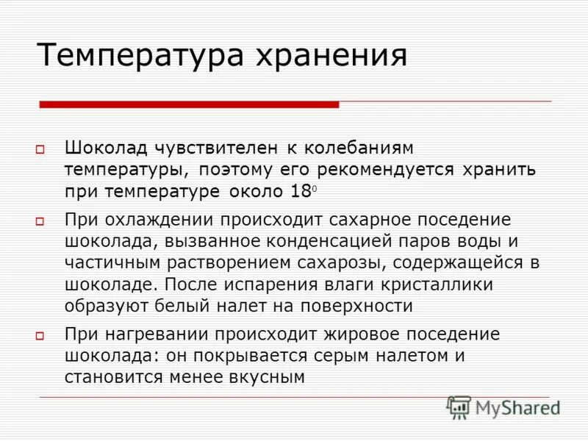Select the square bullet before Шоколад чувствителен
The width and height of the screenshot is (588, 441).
[x=41, y=149]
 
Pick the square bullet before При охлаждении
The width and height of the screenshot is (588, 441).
[x=41, y=220]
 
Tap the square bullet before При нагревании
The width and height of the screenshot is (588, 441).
[x=41, y=335]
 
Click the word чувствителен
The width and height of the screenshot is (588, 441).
[x=216, y=148]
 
